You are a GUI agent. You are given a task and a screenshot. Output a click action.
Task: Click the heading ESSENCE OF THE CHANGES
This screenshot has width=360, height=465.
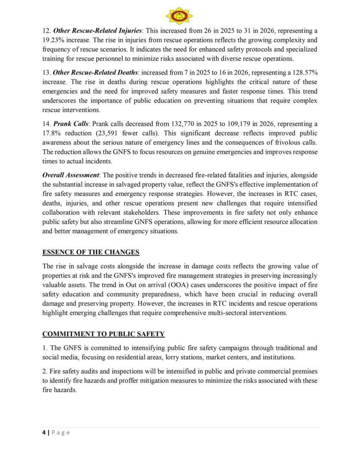[x=91, y=252]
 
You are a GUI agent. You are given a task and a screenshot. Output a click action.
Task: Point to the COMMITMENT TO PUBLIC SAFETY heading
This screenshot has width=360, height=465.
[x=103, y=334]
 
